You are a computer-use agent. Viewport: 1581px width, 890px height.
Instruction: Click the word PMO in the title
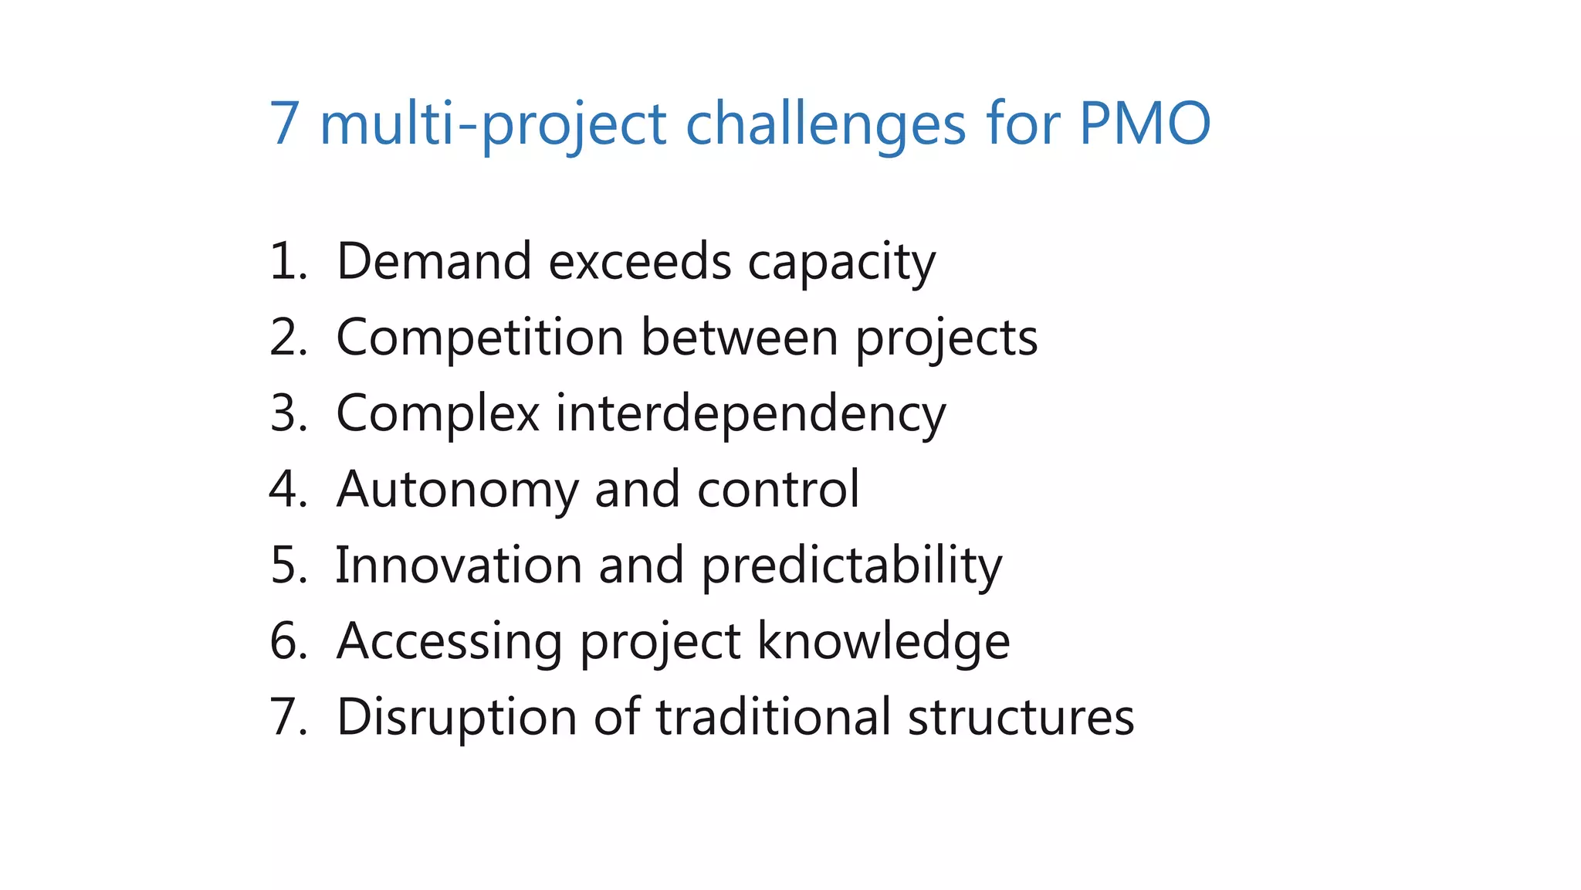pos(1144,124)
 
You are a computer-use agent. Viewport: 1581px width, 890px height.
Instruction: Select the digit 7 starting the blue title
pos(283,124)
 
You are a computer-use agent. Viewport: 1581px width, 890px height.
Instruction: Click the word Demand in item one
pos(434,261)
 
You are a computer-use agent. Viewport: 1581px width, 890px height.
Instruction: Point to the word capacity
pos(841,263)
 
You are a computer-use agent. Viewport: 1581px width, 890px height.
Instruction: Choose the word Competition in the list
pos(479,338)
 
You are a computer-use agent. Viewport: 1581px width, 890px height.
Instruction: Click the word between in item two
pos(739,338)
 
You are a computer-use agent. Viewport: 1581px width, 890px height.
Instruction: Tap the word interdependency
pos(750,414)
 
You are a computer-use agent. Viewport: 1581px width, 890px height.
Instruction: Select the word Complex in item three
pos(437,413)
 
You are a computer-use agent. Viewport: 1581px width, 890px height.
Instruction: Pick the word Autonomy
pos(457,490)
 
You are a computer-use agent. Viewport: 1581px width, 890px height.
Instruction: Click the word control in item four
pos(777,489)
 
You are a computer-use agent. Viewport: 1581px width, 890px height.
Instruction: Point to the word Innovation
pos(459,565)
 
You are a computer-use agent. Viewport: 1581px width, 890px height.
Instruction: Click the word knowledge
pos(883,641)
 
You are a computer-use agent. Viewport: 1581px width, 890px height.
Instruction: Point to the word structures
pos(1021,717)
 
